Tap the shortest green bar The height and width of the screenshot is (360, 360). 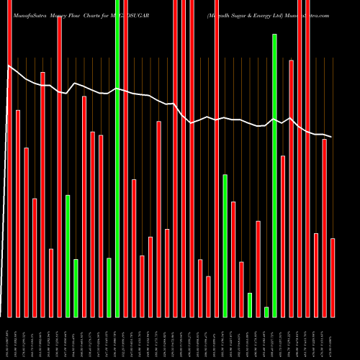click(x=266, y=312)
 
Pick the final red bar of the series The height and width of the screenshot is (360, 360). click(x=333, y=277)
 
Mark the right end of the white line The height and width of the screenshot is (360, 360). click(x=332, y=137)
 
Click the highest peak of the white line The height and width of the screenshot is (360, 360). click(x=9, y=67)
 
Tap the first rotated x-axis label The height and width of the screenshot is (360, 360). click(x=9, y=338)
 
